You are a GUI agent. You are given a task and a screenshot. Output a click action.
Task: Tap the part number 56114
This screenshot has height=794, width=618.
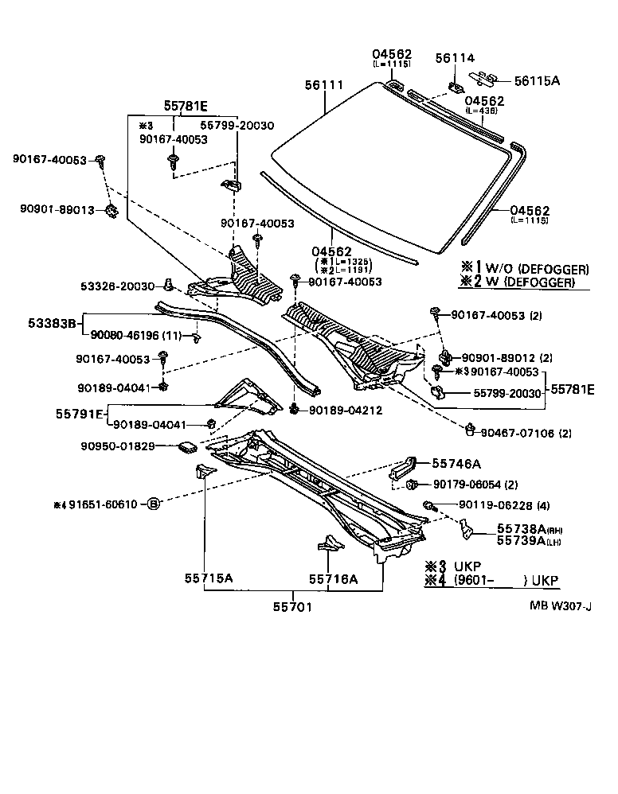click(455, 58)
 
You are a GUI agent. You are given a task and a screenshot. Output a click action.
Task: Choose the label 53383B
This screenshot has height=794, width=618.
click(52, 323)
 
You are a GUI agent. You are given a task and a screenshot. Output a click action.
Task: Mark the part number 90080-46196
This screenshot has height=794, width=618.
click(124, 337)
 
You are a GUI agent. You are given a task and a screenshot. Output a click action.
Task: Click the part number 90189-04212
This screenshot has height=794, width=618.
click(347, 411)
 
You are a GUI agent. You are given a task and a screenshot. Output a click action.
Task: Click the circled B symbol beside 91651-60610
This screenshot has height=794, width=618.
click(154, 504)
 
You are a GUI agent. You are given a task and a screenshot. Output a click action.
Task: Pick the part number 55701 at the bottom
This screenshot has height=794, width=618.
click(291, 607)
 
